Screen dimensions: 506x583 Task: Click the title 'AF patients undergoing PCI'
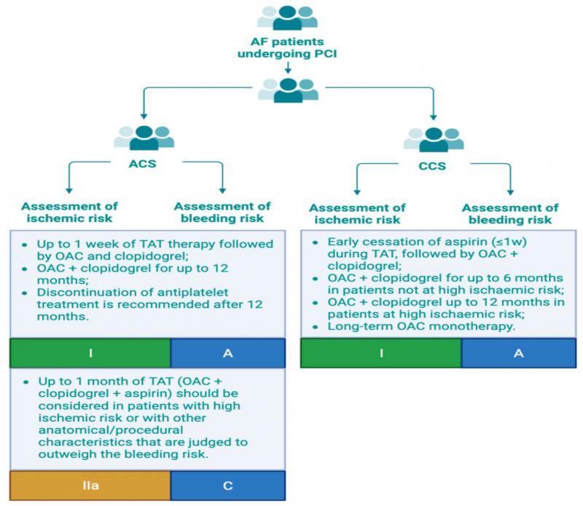click(x=289, y=47)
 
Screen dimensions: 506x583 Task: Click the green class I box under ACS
click(x=90, y=353)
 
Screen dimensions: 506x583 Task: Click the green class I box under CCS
click(x=380, y=353)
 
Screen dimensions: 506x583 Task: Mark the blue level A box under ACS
click(x=228, y=353)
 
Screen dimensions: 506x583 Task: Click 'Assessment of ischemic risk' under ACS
click(x=70, y=213)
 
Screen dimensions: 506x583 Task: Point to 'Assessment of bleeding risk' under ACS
click(x=222, y=213)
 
